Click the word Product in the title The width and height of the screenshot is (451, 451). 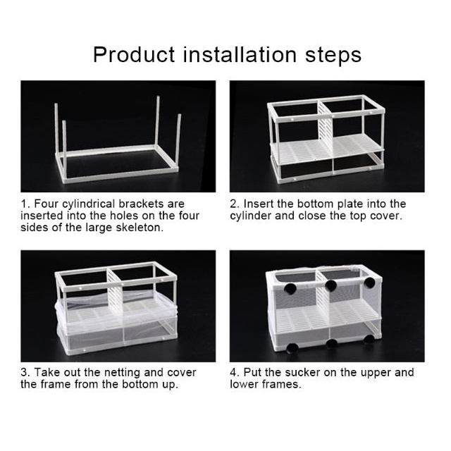coord(134,54)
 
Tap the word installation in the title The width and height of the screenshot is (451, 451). coord(240,54)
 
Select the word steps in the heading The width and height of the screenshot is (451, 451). coord(333,55)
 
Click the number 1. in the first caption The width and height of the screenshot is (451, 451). coord(25,204)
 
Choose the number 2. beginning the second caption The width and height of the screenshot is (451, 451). coord(235,204)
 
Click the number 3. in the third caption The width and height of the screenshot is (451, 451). coord(25,373)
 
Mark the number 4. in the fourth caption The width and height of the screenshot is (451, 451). coord(235,373)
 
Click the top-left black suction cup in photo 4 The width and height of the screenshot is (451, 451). coord(290,288)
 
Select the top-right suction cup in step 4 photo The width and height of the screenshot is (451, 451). coord(369,283)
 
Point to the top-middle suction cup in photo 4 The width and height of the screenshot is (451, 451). coord(331,285)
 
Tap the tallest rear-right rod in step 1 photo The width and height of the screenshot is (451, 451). coord(157,121)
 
